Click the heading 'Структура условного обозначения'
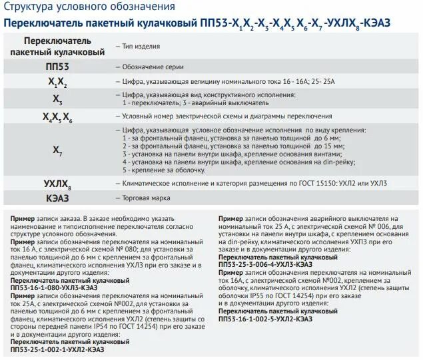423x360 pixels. point(91,7)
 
